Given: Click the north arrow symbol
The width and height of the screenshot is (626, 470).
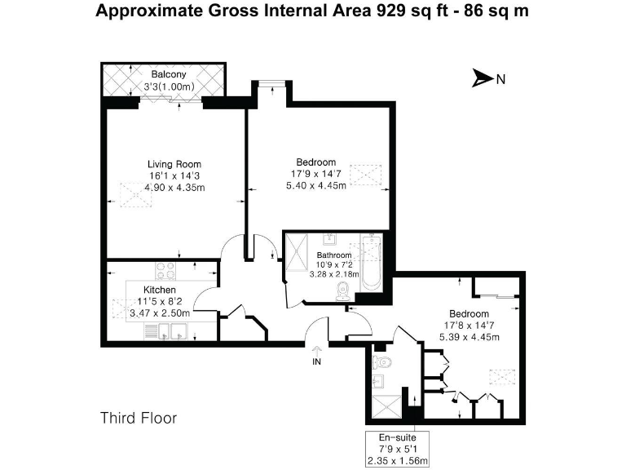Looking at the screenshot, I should click(483, 79).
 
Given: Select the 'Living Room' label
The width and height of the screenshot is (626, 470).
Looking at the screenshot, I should click(174, 164).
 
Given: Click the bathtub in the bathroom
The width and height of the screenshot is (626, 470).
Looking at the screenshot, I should click(371, 264).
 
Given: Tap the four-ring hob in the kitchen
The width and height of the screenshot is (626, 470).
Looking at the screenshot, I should click(167, 271).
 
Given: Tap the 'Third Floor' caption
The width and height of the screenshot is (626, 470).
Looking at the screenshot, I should click(139, 418).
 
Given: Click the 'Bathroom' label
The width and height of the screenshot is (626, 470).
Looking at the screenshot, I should click(334, 255).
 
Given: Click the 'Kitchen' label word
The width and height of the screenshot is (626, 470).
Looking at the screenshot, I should click(160, 290).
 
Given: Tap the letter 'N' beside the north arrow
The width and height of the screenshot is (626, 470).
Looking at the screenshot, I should click(501, 79).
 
